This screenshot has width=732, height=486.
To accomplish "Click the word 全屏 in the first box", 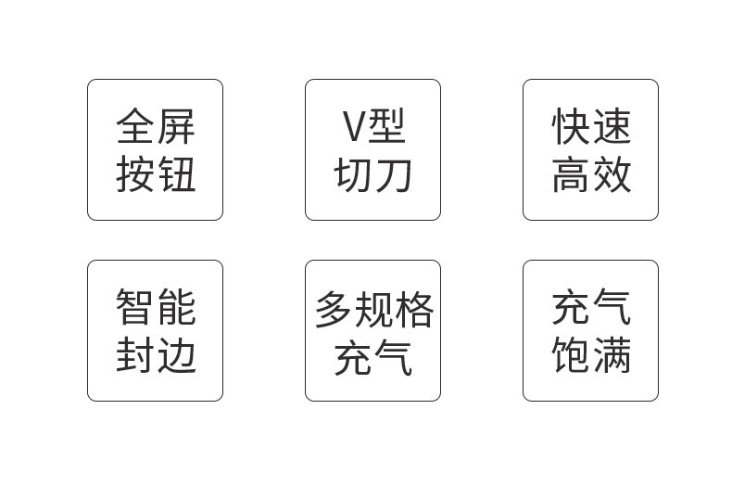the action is [x=155, y=126].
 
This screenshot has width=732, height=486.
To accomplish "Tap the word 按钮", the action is [x=155, y=173].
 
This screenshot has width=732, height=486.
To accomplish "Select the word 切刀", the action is [x=372, y=173].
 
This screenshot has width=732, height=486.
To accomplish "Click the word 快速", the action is [x=591, y=126].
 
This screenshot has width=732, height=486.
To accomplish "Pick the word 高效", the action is [x=591, y=173].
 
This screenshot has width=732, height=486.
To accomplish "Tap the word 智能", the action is [x=155, y=307].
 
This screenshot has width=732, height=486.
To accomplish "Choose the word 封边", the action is [x=155, y=354].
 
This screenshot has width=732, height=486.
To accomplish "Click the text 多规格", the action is [x=372, y=309].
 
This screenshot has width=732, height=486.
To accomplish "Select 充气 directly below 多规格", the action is [x=372, y=357].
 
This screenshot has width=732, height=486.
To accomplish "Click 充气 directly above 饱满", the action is [x=591, y=307].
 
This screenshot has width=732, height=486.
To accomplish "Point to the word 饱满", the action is [x=591, y=354].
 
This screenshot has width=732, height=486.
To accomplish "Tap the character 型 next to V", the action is [x=386, y=126].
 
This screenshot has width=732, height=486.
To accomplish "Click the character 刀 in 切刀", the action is [x=393, y=173].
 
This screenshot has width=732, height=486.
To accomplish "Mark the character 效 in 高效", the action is [x=612, y=173].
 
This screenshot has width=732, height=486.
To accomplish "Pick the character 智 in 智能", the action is [x=135, y=307].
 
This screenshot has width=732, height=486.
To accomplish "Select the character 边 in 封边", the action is [x=176, y=354].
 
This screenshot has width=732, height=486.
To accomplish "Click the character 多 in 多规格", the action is [x=334, y=309].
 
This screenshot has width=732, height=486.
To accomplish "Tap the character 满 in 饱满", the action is [x=612, y=354].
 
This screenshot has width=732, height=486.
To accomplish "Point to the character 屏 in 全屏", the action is [x=176, y=126].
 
